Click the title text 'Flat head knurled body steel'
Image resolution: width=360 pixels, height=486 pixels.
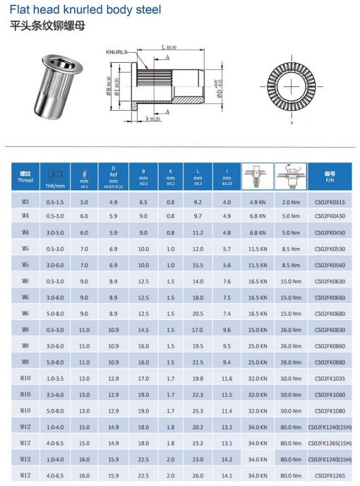tap(85, 10)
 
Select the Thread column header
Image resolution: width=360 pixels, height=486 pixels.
tap(25, 177)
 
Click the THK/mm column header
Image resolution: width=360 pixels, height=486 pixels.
tap(54, 177)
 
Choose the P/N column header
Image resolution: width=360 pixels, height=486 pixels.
tap(330, 177)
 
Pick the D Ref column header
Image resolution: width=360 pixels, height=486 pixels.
tap(113, 177)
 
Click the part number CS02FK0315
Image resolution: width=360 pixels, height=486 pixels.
tap(330, 202)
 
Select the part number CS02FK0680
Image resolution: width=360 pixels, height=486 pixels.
tap(330, 313)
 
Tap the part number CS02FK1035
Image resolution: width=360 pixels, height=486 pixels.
tap(330, 379)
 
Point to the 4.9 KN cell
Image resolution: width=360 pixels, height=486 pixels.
tap(258, 202)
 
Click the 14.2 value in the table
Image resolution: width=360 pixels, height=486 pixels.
tap(227, 458)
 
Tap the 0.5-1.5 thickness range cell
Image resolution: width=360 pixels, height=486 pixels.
tap(54, 202)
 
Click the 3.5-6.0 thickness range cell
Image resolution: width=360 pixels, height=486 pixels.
tap(54, 394)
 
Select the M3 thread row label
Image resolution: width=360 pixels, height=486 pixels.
tap(25, 202)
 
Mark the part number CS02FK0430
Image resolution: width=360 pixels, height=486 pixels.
tap(330, 215)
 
